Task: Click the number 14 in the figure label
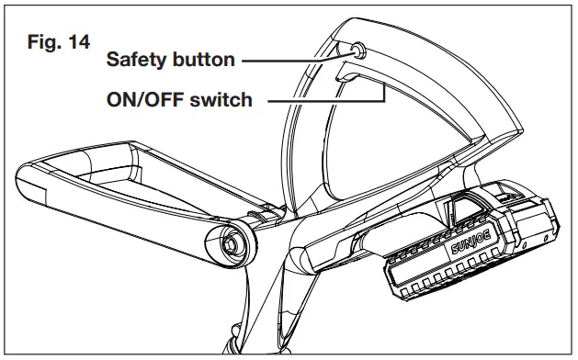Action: click(x=76, y=43)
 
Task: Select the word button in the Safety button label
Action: click(x=204, y=61)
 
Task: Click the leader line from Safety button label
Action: click(x=294, y=61)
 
